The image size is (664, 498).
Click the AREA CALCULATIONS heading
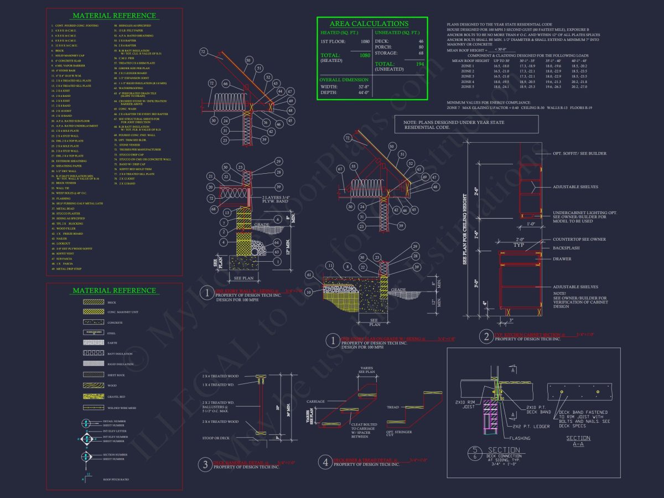click(369, 24)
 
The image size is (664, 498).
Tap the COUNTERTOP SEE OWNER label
click(579, 239)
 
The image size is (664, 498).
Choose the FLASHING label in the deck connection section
click(520, 438)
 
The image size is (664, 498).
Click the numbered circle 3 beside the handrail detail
click(205, 464)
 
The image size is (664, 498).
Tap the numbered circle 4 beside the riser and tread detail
click(325, 461)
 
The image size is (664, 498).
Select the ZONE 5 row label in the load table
click(467, 87)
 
